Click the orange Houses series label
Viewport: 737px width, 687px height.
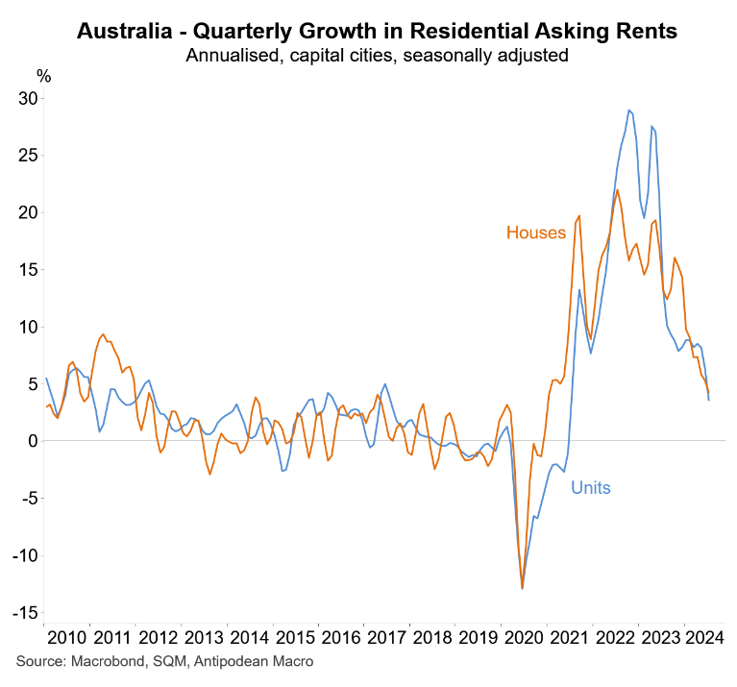536,233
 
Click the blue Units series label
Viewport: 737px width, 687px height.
591,488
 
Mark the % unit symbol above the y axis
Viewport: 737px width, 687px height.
43,75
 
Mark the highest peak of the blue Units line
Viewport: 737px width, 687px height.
628,110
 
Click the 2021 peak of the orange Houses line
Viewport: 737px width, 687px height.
579,215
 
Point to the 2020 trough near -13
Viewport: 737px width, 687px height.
522,588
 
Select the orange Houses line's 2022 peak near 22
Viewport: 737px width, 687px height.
617,189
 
